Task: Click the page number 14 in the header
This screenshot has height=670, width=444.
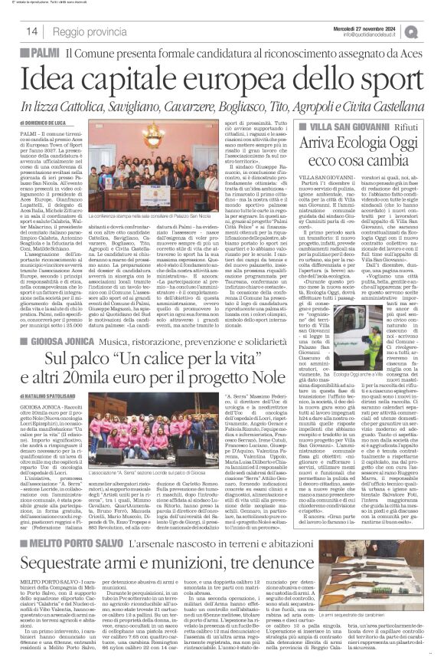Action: [33, 31]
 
